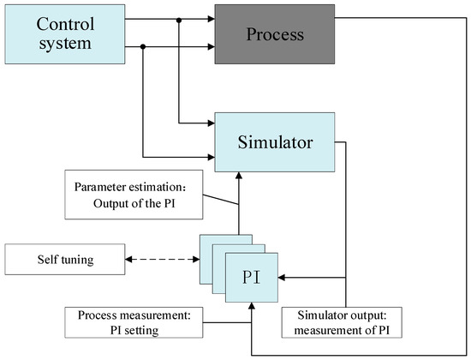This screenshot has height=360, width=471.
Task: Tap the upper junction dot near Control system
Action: pyautogui.click(x=179, y=18)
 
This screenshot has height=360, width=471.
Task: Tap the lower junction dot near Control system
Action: pyautogui.click(x=143, y=47)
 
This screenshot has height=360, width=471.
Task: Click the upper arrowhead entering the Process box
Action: pyautogui.click(x=209, y=18)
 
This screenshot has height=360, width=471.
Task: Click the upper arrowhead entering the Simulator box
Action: pyautogui.click(x=209, y=123)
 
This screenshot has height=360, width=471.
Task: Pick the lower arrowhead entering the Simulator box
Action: pyautogui.click(x=209, y=157)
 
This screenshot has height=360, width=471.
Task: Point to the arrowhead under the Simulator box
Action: pyautogui.click(x=241, y=173)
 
